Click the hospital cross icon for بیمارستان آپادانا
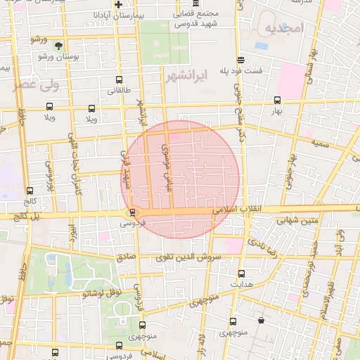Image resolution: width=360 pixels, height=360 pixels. (120, 5)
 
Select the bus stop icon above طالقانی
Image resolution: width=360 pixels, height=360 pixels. (118, 80)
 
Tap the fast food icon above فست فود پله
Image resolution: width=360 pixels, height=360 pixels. (241, 60)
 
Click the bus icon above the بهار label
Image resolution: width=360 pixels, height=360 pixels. (277, 101)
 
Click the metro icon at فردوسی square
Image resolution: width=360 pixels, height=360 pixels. (132, 212)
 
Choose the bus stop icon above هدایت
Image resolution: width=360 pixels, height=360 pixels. (242, 274)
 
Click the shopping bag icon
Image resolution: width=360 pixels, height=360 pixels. (261, 321)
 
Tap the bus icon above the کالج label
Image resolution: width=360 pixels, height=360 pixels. (30, 191)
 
